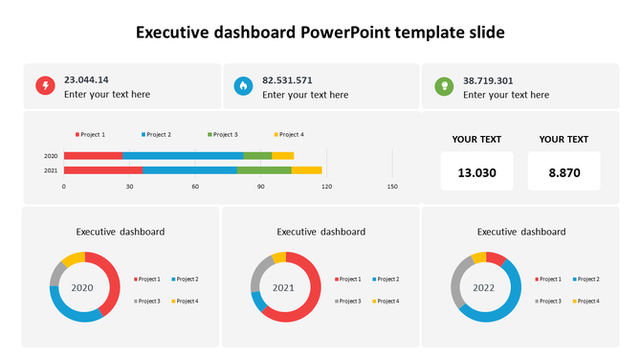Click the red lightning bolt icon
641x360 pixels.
[45, 87]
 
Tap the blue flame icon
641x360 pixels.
[244, 87]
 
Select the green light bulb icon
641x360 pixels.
[444, 87]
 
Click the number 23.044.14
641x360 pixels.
[86, 80]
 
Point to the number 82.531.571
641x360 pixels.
[287, 80]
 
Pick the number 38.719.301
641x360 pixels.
[488, 80]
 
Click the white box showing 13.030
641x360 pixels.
[476, 172]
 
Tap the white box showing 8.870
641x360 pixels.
[564, 172]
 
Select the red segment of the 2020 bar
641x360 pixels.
[93, 155]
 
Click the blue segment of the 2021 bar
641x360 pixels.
[189, 170]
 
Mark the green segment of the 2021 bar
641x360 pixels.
[263, 170]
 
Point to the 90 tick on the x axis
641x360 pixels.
[260, 187]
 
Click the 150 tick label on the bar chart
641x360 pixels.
[391, 187]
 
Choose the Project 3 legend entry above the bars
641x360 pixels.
[222, 135]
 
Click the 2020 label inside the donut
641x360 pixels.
[83, 287]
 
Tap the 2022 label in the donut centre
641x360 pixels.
[485, 287]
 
